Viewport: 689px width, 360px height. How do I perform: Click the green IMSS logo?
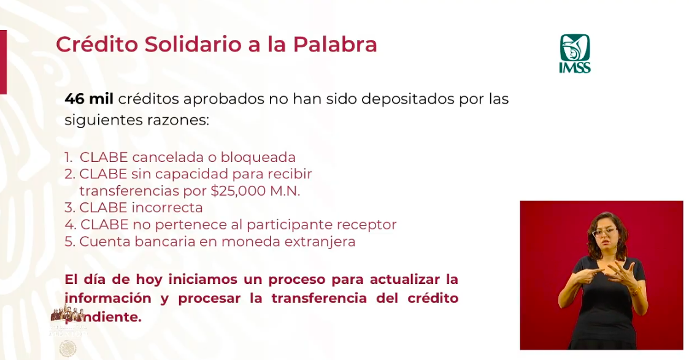click(574, 53)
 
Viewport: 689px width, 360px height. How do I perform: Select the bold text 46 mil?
click(89, 99)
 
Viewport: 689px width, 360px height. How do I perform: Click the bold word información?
click(108, 299)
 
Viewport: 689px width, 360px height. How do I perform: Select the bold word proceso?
click(296, 280)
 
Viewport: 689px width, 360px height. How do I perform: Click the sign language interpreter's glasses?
click(604, 232)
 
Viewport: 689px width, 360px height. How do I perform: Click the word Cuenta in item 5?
click(103, 242)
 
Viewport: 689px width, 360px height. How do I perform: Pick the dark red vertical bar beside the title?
click(3, 61)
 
